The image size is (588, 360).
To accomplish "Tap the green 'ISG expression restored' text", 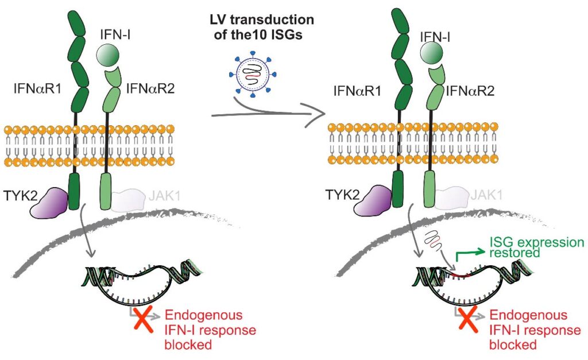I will (535, 247).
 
